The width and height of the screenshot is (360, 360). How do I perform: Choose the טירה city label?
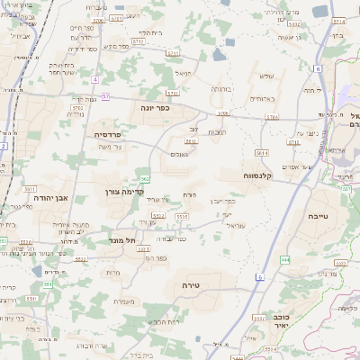(x=191, y=284)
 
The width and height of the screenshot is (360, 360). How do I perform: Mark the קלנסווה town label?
(x=264, y=175)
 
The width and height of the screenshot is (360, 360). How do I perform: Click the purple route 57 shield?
(x=105, y=95)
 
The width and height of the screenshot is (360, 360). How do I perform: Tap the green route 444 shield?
(x=285, y=259)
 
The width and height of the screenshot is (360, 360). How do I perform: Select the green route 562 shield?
(x=145, y=178)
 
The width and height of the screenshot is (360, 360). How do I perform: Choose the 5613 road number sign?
(x=191, y=141)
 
